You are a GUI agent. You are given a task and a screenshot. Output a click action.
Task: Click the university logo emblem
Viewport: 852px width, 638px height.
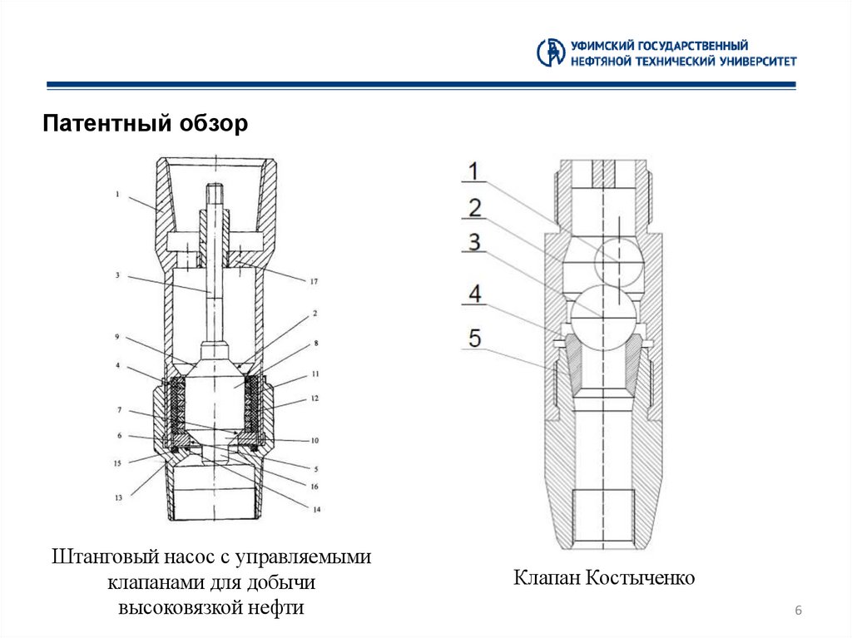click(x=551, y=52)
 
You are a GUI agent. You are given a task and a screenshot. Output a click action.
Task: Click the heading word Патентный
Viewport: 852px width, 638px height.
click(x=106, y=125)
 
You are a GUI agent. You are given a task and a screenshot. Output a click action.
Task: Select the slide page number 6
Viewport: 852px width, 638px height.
click(x=798, y=612)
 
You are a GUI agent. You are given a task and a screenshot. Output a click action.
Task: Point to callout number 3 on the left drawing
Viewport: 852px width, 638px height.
click(x=119, y=274)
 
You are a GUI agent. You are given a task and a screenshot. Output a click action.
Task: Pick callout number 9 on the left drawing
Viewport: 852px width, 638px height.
click(x=119, y=337)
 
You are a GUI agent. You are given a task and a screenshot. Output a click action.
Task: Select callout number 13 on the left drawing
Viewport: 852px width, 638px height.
click(x=119, y=497)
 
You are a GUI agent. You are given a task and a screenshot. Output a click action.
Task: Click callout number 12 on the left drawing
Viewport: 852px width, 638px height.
click(x=315, y=400)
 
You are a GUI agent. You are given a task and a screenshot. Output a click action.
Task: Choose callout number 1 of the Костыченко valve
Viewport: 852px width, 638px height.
click(x=472, y=172)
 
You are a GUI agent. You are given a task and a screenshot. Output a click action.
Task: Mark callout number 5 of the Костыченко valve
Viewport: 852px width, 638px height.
click(x=473, y=338)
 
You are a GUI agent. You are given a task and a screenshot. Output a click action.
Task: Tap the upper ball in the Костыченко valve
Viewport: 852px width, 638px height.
click(x=620, y=260)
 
